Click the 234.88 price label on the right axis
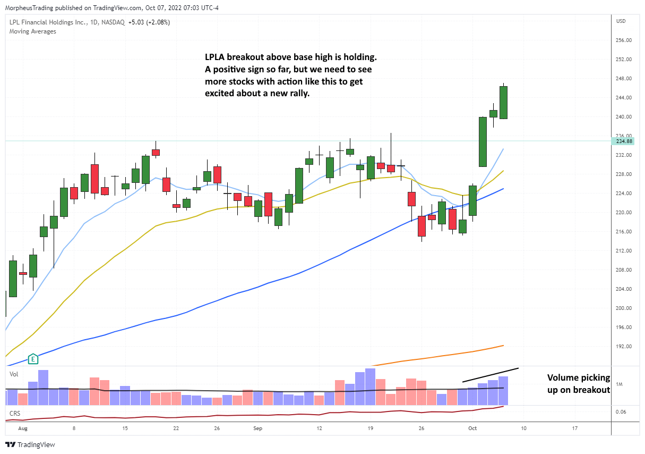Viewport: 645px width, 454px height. [x=623, y=141]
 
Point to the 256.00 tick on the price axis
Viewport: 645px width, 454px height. [x=623, y=40]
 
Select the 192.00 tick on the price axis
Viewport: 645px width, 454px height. [x=623, y=347]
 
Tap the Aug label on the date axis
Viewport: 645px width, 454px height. [x=22, y=427]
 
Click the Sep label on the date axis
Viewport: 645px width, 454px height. [x=258, y=427]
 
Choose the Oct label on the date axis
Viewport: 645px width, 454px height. [x=472, y=427]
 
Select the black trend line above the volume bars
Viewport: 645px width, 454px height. [x=490, y=374]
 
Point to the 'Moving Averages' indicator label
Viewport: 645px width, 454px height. [x=32, y=31]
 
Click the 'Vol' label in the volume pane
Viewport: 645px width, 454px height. [x=14, y=374]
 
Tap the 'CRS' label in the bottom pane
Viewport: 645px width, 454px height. [x=14, y=413]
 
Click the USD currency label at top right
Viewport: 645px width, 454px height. [x=621, y=21]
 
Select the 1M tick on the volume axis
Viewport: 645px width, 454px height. [x=620, y=384]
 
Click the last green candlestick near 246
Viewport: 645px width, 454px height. [x=504, y=103]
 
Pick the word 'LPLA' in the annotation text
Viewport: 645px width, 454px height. [x=216, y=57]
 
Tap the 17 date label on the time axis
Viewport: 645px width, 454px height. [x=574, y=427]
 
